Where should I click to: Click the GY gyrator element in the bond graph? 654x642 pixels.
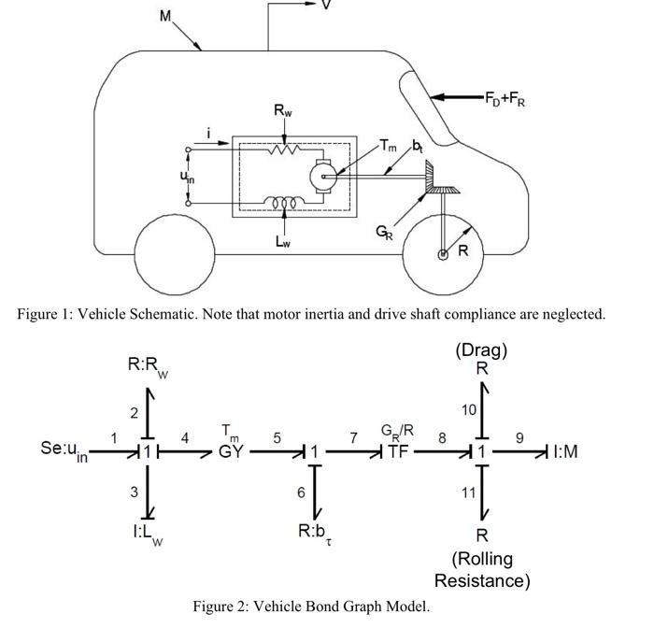(x=231, y=451)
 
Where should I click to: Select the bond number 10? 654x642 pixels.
(x=468, y=409)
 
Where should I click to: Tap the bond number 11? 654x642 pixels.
(x=468, y=492)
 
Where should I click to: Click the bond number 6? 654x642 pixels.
(x=301, y=492)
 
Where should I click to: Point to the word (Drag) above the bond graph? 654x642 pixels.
(x=481, y=350)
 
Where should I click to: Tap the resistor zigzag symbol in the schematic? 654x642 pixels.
(x=282, y=148)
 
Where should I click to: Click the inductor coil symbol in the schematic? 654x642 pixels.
(x=282, y=201)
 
